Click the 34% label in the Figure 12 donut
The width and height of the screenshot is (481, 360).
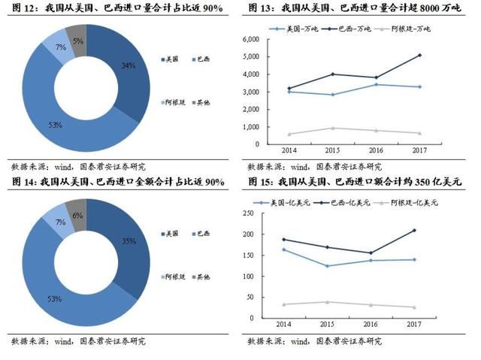pyautogui.click(x=128, y=65)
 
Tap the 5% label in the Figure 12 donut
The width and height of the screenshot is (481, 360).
pyautogui.click(x=78, y=41)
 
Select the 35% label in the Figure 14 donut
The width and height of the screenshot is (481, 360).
pyautogui.click(x=128, y=241)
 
